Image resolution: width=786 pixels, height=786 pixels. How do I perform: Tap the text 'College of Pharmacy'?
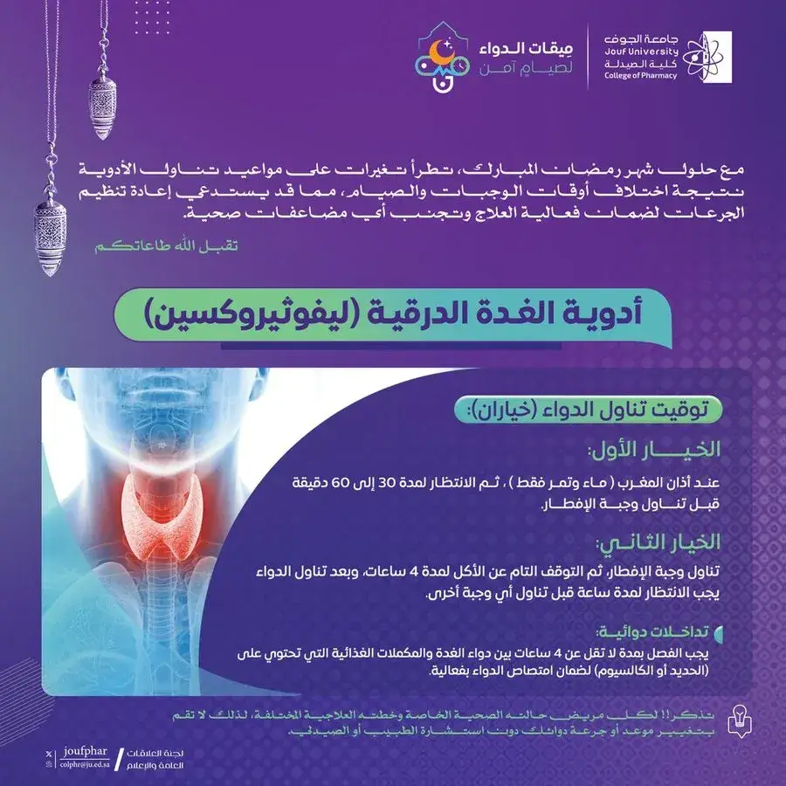(x=640, y=76)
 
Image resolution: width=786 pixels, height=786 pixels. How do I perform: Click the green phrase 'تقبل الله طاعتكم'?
(x=166, y=246)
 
